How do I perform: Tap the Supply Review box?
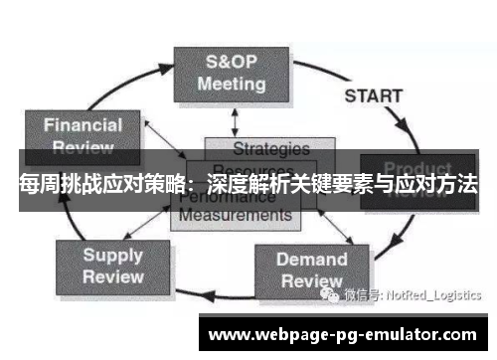click(112, 265)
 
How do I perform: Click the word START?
click(373, 96)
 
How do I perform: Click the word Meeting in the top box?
click(231, 84)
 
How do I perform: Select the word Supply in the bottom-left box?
click(112, 255)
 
